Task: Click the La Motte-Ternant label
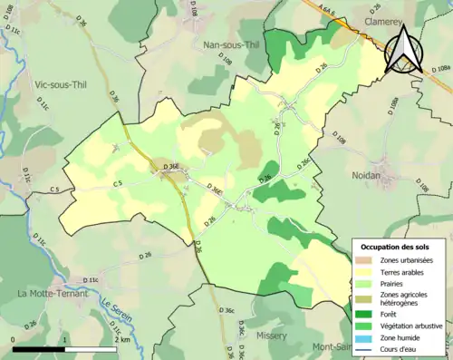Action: click(x=53, y=294)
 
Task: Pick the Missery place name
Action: click(x=271, y=335)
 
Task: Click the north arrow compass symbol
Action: click(x=404, y=49)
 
